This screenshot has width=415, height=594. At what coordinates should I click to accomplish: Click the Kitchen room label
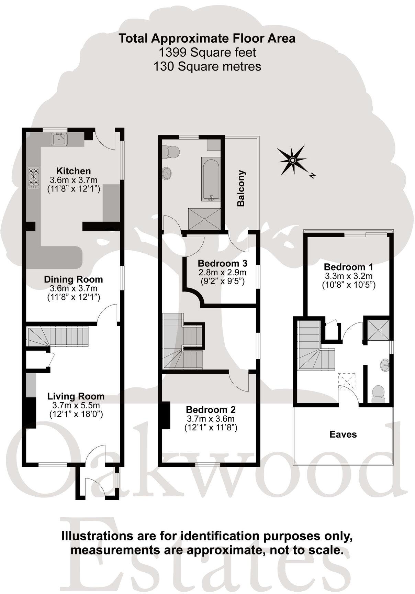74,171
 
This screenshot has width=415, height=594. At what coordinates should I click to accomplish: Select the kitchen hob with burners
33,178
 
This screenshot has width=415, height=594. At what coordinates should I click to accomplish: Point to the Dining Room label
74,279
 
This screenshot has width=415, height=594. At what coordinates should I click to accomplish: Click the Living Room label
76,396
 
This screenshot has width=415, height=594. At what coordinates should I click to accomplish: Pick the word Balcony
241,188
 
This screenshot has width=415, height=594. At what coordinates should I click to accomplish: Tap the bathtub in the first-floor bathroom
210,179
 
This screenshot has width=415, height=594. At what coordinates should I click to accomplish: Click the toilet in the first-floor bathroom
172,152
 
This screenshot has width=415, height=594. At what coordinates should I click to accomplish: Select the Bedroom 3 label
223,264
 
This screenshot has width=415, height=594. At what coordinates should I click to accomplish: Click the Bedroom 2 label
211,410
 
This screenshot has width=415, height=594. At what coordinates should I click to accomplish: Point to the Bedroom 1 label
348,267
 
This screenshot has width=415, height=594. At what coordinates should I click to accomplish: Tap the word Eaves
343,434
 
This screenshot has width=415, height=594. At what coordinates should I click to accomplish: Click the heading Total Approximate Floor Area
207,38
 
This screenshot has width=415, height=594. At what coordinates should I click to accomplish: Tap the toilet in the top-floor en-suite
378,393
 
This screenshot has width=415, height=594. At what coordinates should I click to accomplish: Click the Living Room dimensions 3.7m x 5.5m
76,405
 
